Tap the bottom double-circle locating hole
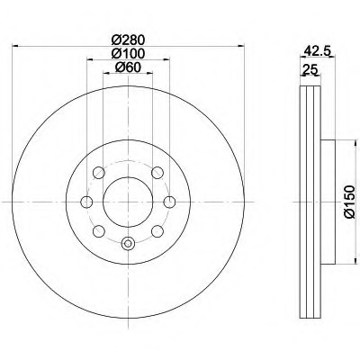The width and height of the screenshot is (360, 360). (127, 241)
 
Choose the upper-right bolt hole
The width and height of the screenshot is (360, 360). (157, 172)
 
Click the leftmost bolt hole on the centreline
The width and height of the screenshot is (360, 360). (86, 202)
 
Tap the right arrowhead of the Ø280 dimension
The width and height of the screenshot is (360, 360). (238, 47)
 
